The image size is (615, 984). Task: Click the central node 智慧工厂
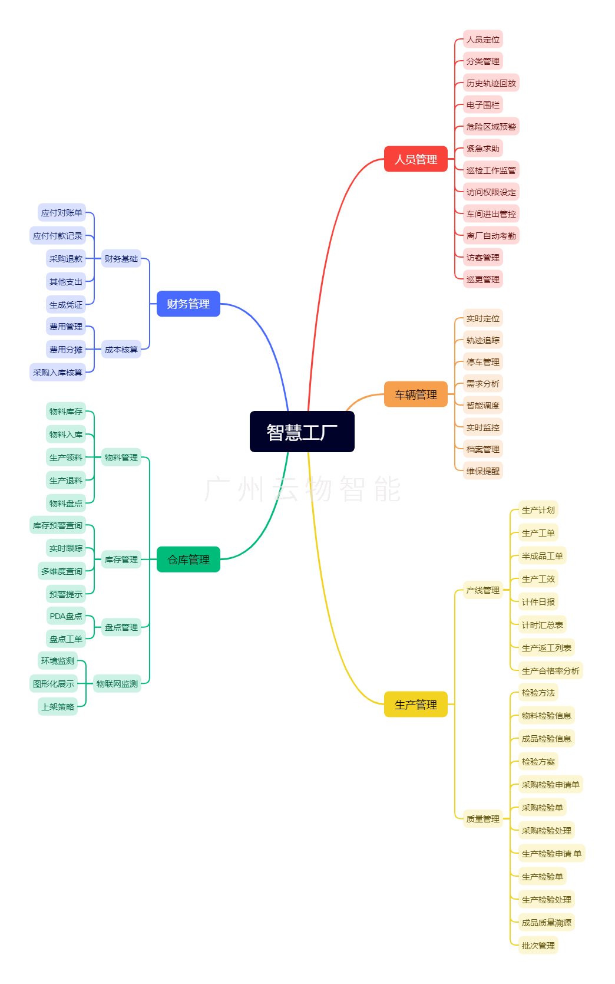pyautogui.click(x=302, y=432)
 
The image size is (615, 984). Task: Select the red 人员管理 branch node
pyautogui.click(x=415, y=159)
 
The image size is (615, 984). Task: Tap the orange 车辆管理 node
pyautogui.click(x=415, y=394)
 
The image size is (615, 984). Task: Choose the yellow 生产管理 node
pyautogui.click(x=415, y=705)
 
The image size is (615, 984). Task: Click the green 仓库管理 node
pyautogui.click(x=189, y=560)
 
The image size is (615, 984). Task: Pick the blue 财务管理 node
pyautogui.click(x=189, y=304)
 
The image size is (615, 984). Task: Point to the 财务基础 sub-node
pyautogui.click(x=121, y=258)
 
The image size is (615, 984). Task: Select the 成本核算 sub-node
pyautogui.click(x=121, y=350)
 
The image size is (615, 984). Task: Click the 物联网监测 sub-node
pyautogui.click(x=117, y=684)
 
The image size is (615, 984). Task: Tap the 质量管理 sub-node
pyautogui.click(x=482, y=819)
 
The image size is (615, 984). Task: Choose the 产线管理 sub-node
pyautogui.click(x=482, y=590)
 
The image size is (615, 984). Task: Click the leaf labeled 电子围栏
pyautogui.click(x=482, y=105)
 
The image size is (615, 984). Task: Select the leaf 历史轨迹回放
pyautogui.click(x=491, y=83)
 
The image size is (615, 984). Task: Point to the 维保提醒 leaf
pyautogui.click(x=482, y=471)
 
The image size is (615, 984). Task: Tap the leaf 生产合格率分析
pyautogui.click(x=550, y=671)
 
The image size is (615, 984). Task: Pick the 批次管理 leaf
pyautogui.click(x=538, y=946)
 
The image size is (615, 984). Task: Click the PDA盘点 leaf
pyautogui.click(x=66, y=616)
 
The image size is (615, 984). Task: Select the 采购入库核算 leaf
pyautogui.click(x=58, y=373)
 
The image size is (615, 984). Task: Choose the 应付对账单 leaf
pyautogui.click(x=62, y=213)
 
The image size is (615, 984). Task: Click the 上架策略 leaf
pyautogui.click(x=58, y=707)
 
